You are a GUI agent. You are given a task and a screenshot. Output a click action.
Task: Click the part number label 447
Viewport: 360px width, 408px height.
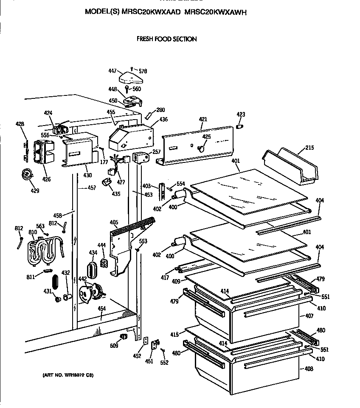click(112, 72)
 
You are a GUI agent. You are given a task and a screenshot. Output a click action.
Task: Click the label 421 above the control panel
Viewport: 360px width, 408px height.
click(203, 120)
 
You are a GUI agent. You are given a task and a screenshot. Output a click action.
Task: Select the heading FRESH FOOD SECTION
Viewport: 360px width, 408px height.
click(166, 39)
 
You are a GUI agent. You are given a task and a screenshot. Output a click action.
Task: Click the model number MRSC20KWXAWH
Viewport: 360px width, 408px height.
click(216, 12)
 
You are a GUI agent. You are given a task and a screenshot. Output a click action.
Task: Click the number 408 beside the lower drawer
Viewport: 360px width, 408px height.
click(309, 369)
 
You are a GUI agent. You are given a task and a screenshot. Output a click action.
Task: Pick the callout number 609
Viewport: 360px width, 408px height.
click(114, 346)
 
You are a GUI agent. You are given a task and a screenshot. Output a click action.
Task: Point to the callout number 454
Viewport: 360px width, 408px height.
click(101, 308)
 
